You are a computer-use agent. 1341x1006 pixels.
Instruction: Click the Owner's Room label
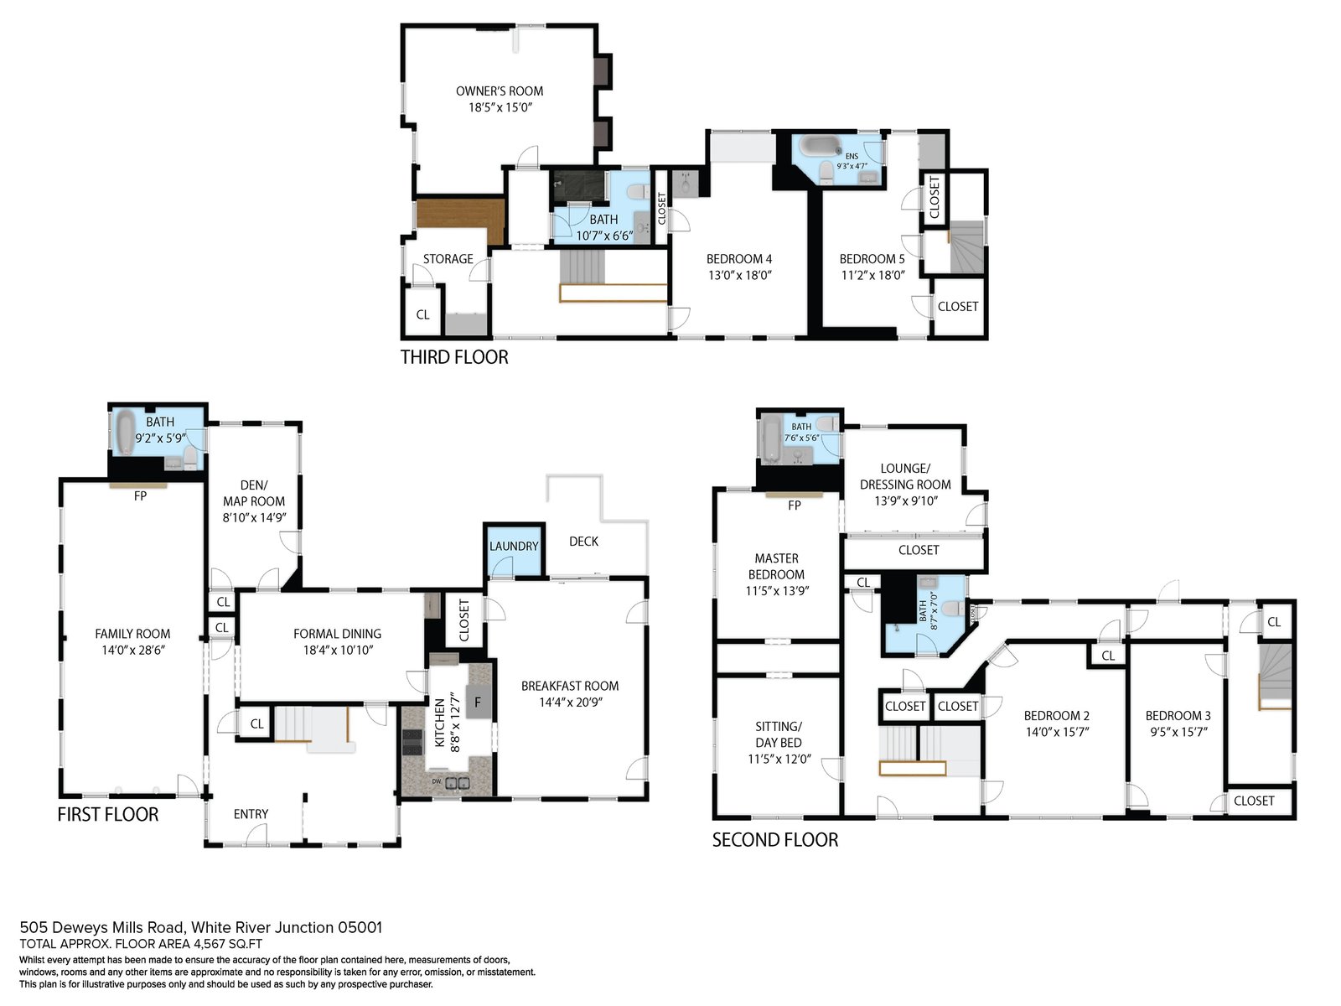(500, 91)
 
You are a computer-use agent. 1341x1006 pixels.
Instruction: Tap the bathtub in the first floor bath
(127, 432)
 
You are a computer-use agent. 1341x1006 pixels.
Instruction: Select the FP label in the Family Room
(140, 496)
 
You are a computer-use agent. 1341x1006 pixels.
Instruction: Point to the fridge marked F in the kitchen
(477, 701)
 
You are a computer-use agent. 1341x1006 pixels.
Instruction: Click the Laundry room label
(514, 546)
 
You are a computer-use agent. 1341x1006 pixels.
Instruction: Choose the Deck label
(583, 542)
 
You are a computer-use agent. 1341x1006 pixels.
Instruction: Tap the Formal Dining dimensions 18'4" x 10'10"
(337, 650)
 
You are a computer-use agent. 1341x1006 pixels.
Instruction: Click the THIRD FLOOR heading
(454, 357)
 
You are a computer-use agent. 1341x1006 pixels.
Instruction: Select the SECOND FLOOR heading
(774, 839)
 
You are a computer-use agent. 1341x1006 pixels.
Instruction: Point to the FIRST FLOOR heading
(107, 813)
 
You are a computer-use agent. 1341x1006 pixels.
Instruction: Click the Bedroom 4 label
(739, 259)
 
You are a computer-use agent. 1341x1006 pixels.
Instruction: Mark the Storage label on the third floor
(448, 259)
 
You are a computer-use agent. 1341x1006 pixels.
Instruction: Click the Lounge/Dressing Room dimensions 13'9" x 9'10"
(905, 500)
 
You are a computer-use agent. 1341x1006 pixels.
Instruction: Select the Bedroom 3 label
(1178, 715)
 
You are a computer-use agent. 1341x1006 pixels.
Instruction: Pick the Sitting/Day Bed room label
(779, 734)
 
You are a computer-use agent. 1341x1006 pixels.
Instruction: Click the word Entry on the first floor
(251, 813)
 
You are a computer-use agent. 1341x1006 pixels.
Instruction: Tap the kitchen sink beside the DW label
(457, 782)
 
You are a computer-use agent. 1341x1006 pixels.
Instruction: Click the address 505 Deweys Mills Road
(101, 927)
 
